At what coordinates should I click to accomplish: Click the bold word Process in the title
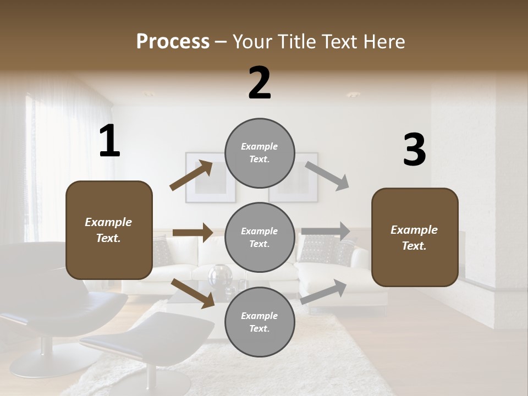pos(173,42)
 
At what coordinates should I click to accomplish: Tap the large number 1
pos(109,141)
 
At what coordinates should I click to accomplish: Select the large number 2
pos(260,83)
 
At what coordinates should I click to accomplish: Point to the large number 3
pos(414,150)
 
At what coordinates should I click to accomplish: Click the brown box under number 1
pos(109,230)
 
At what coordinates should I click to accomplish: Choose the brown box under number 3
pos(415,238)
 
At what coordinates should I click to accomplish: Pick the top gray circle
pos(260,153)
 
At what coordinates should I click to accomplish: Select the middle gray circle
pos(260,238)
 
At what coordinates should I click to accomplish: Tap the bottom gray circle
pos(260,322)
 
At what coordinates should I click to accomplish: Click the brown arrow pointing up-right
pos(191,175)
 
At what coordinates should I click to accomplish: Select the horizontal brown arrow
pos(193,233)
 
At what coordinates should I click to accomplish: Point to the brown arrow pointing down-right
pos(193,293)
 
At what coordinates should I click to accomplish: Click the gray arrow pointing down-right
pos(327,176)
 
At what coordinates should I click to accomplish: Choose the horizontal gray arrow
pos(326,232)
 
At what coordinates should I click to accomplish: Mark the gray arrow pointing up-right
pos(324,291)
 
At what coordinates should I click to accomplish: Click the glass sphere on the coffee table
pos(220,274)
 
